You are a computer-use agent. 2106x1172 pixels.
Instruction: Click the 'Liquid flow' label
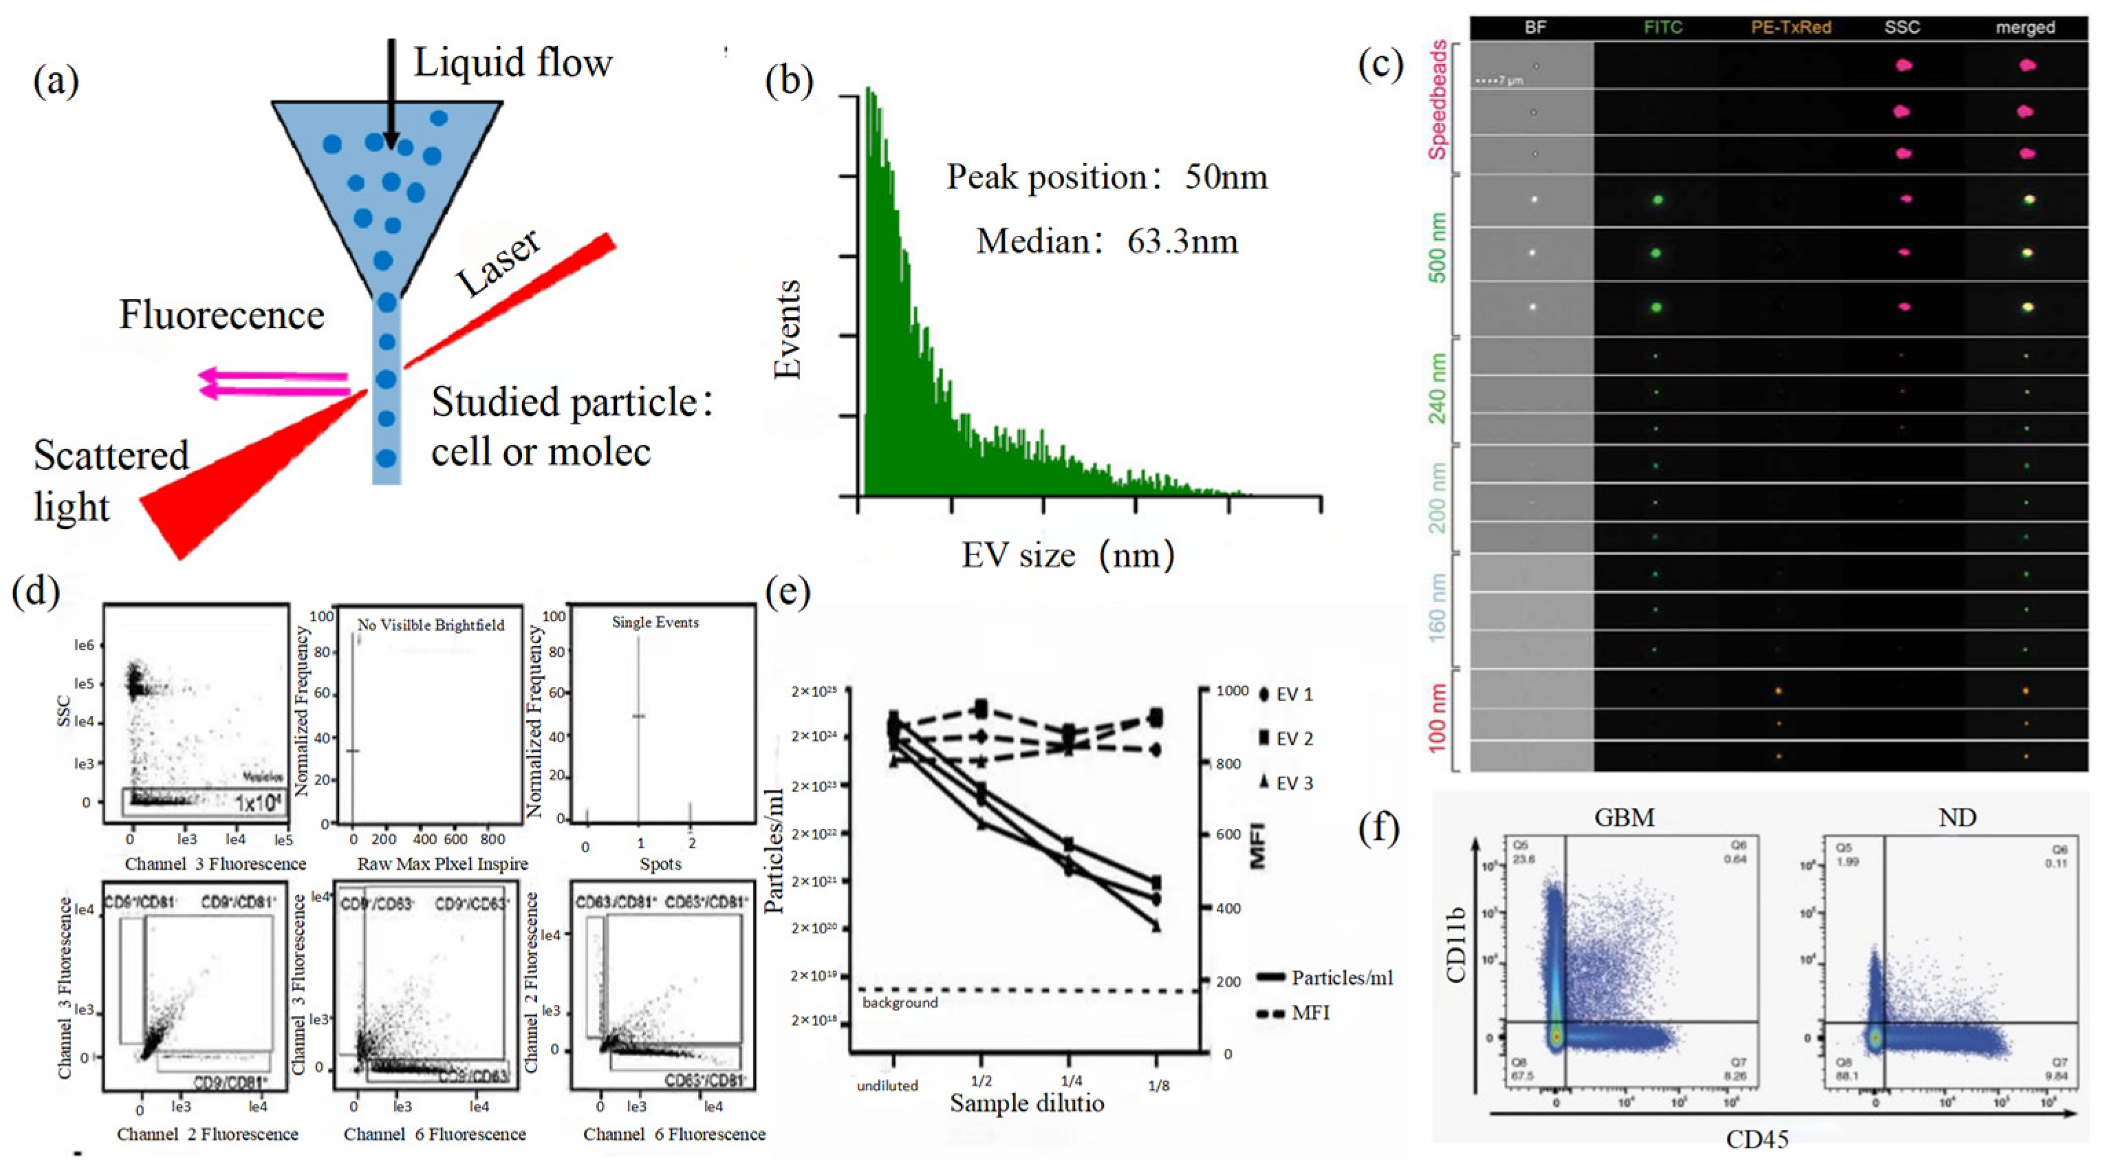pos(512,62)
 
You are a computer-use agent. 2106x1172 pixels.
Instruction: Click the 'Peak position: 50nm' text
pos(1106,177)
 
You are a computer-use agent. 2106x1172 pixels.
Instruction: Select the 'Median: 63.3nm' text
pos(1106,241)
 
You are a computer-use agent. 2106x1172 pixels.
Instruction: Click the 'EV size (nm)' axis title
pos(1067,555)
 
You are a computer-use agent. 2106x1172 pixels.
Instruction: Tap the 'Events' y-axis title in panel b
pos(788,329)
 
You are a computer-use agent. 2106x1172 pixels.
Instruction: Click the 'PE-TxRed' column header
pos(1790,27)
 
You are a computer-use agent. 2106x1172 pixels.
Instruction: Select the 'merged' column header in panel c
pos(2024,27)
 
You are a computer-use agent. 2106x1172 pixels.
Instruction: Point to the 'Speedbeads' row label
pos(1438,100)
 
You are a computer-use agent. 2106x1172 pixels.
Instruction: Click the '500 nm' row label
pos(1438,248)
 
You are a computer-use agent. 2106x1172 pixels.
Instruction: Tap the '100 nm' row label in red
pos(1438,717)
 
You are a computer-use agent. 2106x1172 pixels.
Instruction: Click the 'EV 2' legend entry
pos(1286,739)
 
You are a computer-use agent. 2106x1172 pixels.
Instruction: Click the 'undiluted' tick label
pos(887,1085)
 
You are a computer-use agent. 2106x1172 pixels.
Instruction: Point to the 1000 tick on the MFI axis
pos(1231,691)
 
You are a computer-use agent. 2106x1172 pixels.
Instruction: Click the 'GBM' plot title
pos(1624,817)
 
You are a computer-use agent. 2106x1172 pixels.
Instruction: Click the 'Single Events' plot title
pos(655,622)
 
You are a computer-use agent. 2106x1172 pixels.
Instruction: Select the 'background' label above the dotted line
pos(900,1003)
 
